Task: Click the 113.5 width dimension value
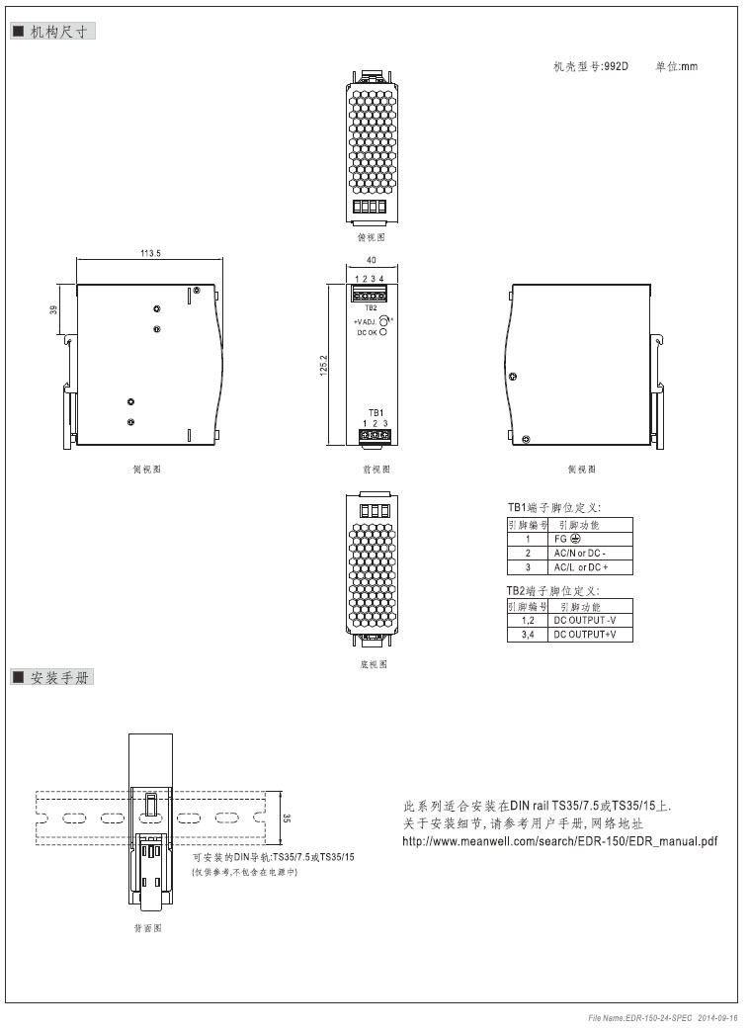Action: (x=150, y=254)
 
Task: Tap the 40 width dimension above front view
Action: (x=371, y=260)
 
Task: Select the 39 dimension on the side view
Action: (x=54, y=309)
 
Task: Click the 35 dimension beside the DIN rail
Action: (x=287, y=817)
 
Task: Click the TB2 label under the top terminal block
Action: (x=371, y=307)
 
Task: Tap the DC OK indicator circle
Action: (x=382, y=333)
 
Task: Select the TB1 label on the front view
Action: (x=375, y=412)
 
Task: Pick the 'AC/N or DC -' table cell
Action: (x=580, y=554)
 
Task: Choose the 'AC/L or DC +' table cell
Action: (x=581, y=567)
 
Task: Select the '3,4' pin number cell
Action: (x=527, y=635)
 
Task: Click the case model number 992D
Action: (x=616, y=67)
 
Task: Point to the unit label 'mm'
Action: (x=690, y=67)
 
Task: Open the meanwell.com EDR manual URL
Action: (x=560, y=841)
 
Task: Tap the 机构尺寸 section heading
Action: (x=59, y=33)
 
